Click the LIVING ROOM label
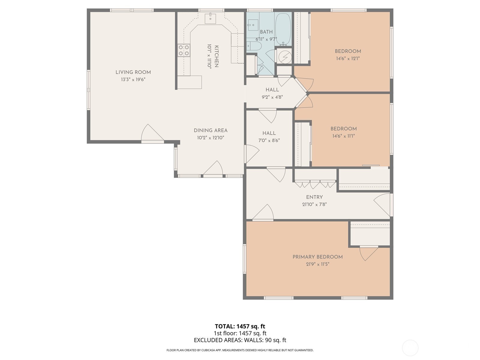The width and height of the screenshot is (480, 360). (133, 72)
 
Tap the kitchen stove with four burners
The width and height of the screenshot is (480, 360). (184, 50)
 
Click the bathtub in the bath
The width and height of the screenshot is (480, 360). (283, 29)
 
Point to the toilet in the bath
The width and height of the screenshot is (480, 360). (254, 46)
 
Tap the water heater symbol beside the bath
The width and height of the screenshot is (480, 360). (284, 56)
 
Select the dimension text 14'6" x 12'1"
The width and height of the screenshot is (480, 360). (348, 58)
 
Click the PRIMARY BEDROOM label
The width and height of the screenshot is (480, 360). (317, 257)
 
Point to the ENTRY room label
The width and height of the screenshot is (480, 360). (314, 197)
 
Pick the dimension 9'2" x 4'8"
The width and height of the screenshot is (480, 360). (272, 97)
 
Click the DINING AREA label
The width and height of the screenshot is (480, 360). (210, 130)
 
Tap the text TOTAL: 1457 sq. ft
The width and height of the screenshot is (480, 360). (240, 326)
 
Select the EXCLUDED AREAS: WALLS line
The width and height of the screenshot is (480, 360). (240, 340)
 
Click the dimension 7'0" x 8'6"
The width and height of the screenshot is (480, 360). (269, 140)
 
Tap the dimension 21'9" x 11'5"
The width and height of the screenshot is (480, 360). (317, 264)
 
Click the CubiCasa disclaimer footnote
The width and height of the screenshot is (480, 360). (240, 350)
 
